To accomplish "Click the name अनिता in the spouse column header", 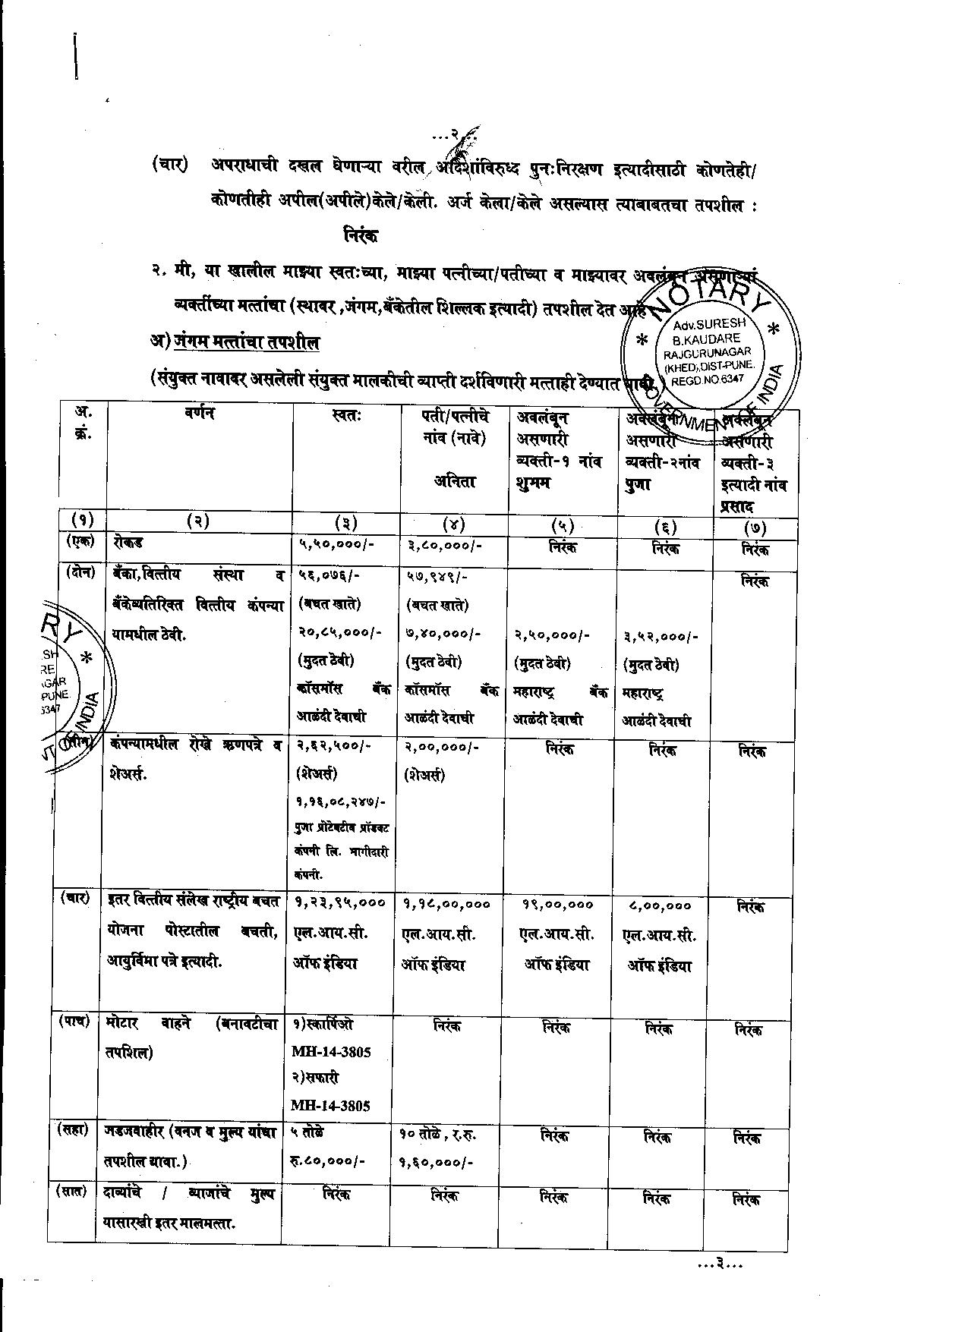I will (x=455, y=480).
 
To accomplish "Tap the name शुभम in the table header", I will (x=535, y=483).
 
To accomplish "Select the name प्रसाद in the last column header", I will (x=742, y=508).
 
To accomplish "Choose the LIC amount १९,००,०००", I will (x=558, y=905).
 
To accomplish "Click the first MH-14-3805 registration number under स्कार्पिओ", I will (x=331, y=1052).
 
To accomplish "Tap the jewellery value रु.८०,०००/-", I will (x=328, y=1161).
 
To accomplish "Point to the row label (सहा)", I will (x=74, y=1130).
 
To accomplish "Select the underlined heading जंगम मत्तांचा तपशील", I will (x=246, y=342).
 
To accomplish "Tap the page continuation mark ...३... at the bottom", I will (x=719, y=1264).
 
